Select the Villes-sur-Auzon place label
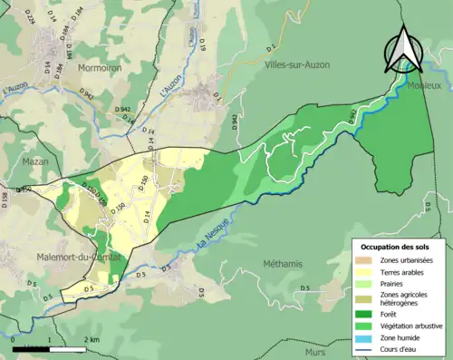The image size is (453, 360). point(297,65)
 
